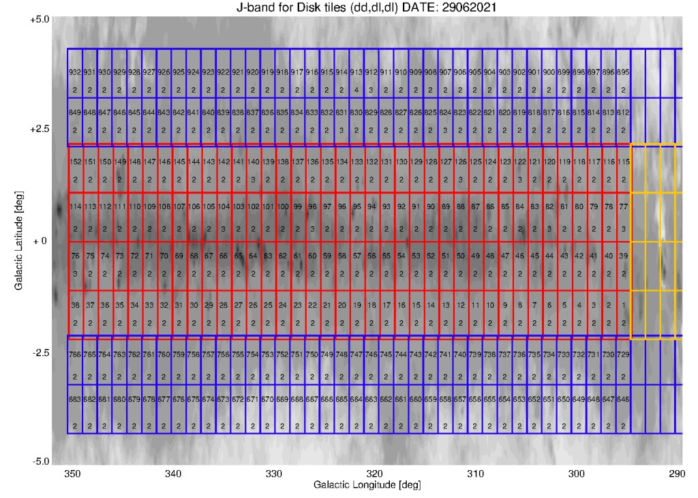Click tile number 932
tap(75, 72)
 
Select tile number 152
tap(75, 161)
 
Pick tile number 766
tap(75, 355)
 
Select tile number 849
tap(75, 112)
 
